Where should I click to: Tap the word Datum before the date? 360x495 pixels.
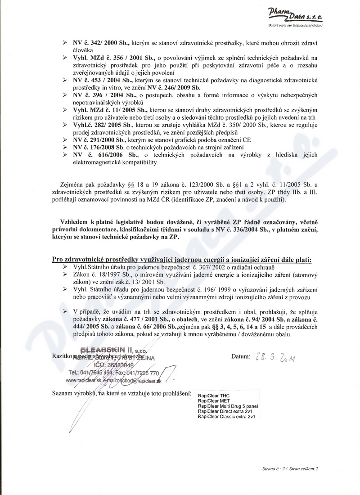(x=241, y=357)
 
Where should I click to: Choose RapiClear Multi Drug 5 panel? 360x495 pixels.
(x=228, y=405)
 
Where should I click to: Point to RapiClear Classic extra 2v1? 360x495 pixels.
(x=226, y=417)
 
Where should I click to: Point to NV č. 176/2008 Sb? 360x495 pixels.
(x=100, y=147)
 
